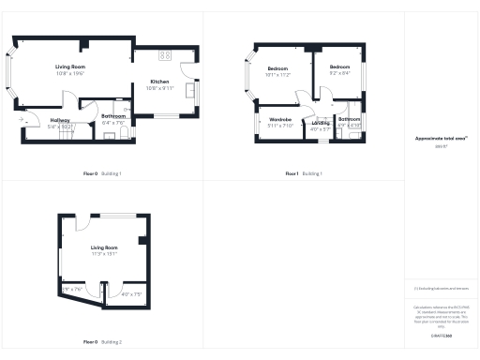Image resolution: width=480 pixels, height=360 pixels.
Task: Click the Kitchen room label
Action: tap(159, 82)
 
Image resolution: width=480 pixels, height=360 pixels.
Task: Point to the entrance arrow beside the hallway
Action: tap(21, 120)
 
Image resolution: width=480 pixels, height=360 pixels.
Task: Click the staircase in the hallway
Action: tap(66, 135)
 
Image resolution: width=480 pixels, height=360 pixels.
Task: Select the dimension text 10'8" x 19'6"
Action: tap(69, 73)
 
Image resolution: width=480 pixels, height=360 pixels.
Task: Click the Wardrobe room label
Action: tap(280, 120)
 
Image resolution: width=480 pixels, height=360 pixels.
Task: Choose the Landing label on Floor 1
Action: tap(321, 123)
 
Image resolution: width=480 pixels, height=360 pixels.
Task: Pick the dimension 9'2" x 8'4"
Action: tap(339, 74)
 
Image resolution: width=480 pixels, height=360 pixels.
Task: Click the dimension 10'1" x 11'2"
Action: tap(279, 74)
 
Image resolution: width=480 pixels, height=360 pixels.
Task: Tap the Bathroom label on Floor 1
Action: tap(349, 120)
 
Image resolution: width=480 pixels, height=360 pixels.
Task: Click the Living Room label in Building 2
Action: tap(104, 247)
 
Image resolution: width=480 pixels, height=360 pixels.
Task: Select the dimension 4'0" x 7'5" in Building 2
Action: tap(131, 294)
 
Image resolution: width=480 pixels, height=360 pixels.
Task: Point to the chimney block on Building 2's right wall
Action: tap(142, 241)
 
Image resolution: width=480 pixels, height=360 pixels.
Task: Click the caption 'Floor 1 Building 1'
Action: tap(304, 174)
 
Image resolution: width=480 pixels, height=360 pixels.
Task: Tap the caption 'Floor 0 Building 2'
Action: tap(102, 342)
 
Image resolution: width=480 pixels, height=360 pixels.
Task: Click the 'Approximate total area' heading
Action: tap(440, 139)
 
